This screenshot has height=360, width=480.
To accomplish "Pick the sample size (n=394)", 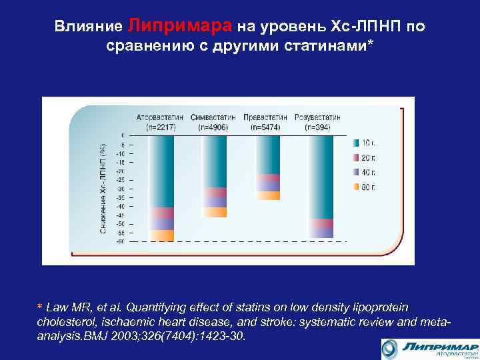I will pos(319,126).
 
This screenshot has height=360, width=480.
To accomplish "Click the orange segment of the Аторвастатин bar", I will pos(161,235).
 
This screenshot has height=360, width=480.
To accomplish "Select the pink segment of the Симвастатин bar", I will pos(215,192).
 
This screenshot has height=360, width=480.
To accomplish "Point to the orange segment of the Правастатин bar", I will pos(268,195).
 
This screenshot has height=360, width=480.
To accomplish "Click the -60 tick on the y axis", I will pos(121,241).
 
